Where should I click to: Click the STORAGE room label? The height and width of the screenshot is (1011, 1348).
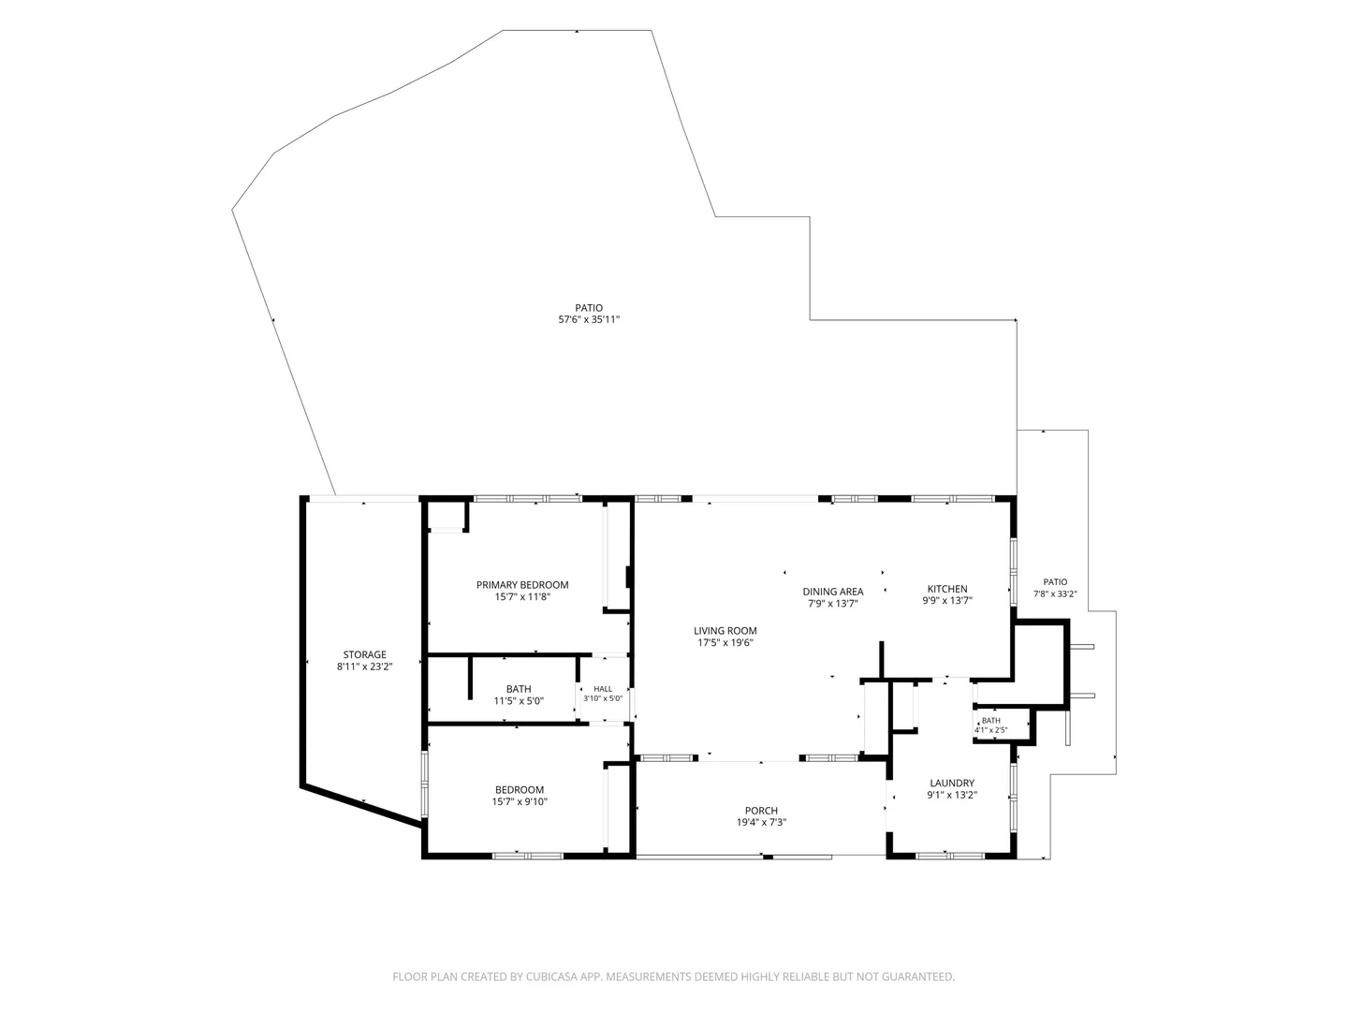coord(364,654)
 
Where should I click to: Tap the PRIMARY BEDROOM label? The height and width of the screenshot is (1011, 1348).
coord(522,585)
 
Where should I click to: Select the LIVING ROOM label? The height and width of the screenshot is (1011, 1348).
coord(725,630)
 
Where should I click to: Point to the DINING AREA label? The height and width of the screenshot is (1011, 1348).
coord(833,592)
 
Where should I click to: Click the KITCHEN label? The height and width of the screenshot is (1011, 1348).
coord(947,589)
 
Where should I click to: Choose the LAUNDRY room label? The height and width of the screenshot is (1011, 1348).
coord(952,783)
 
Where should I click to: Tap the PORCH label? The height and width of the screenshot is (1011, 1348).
coord(761,811)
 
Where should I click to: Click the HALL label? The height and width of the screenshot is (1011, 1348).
coord(603,689)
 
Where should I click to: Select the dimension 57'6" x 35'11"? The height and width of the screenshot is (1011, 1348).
coord(589,319)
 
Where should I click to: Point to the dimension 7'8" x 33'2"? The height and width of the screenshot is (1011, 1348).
coord(1055,593)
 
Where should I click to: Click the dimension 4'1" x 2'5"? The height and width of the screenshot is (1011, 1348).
coord(990,730)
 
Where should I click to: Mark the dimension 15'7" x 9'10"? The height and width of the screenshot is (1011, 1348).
coord(520,801)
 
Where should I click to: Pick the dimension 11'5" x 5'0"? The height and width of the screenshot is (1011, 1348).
coord(519,701)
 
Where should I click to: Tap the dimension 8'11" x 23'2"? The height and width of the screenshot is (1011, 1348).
coord(364,667)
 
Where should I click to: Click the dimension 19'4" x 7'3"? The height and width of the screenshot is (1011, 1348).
coord(761,823)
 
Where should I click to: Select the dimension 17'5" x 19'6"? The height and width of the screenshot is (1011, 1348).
coord(725,643)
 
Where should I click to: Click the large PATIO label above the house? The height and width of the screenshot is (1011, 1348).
coord(589,308)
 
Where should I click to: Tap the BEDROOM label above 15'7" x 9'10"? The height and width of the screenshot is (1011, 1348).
coord(520,789)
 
